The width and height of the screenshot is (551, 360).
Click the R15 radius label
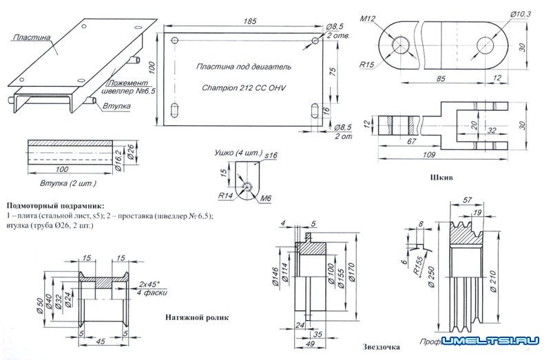point(367,65)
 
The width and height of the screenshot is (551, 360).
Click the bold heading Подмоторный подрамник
point(54,206)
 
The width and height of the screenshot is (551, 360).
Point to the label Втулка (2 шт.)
point(67,184)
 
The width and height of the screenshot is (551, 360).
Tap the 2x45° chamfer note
point(149,284)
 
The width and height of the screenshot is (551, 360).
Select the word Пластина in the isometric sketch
point(32,38)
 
